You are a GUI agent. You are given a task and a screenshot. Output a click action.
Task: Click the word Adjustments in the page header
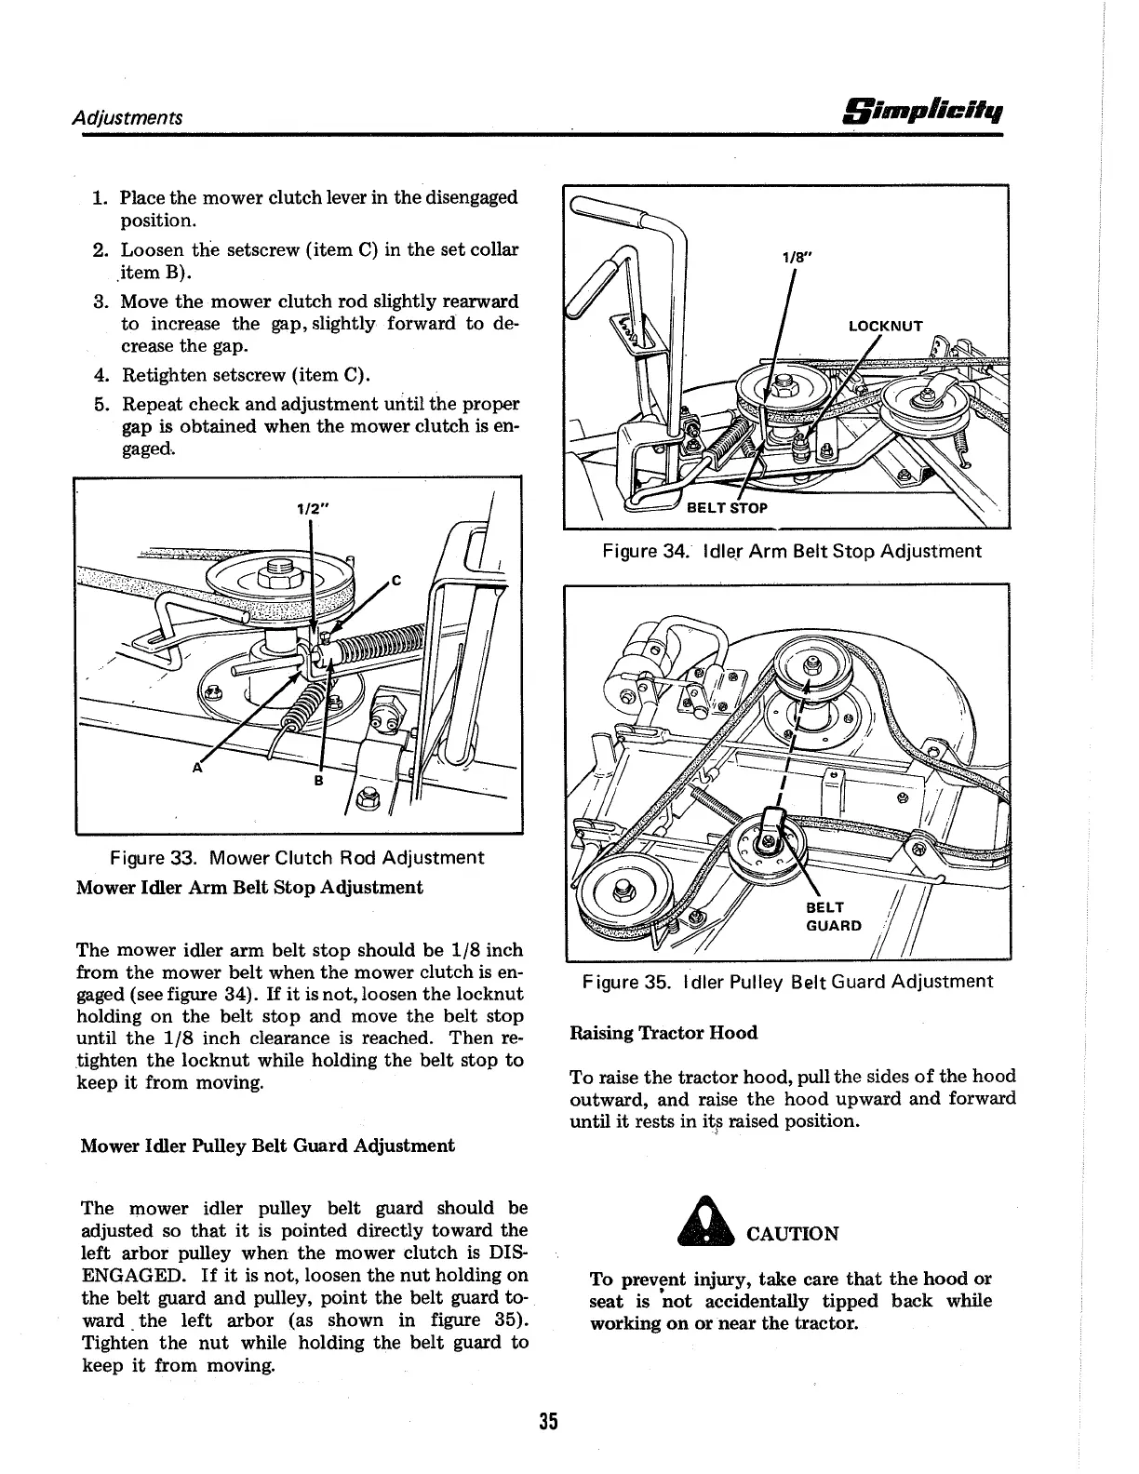128,117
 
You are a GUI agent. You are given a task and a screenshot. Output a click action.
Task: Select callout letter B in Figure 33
319,781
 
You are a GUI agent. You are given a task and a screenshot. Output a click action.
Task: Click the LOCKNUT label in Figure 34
885,326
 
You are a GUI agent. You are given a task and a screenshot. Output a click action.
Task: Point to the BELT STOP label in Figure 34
727,508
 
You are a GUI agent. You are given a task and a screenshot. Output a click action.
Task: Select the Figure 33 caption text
297,857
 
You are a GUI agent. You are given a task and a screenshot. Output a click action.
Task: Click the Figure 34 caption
791,551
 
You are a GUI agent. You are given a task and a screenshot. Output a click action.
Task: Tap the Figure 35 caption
787,981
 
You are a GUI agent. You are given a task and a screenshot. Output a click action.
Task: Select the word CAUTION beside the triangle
792,1234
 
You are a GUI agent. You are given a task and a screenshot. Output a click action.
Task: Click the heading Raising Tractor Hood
663,1033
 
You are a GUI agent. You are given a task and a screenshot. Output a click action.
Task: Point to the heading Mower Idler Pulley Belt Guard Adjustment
268,1146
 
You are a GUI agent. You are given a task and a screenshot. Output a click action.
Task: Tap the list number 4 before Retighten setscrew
100,376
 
